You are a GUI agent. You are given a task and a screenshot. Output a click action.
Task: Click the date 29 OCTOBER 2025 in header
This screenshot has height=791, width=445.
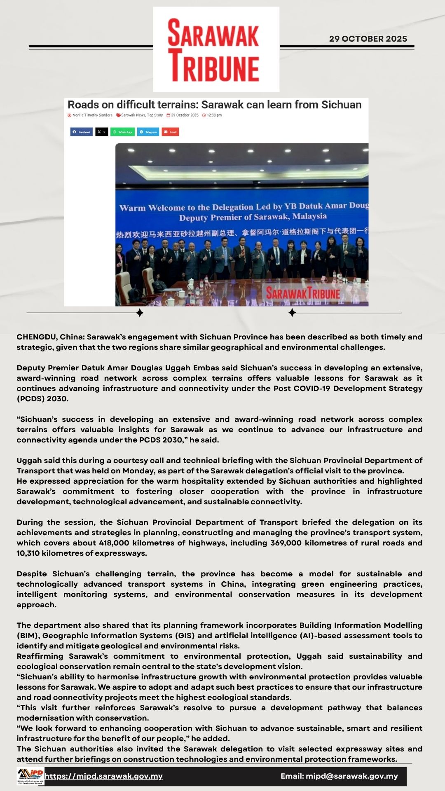tap(368, 39)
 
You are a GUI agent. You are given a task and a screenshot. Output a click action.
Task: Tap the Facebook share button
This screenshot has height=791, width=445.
tap(81, 132)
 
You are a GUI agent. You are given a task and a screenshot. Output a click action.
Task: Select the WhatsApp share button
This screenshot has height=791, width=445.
tap(122, 132)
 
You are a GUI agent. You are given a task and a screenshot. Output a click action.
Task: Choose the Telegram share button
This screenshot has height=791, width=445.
tap(148, 132)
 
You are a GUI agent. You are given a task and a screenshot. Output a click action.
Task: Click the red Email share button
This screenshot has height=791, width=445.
tap(170, 132)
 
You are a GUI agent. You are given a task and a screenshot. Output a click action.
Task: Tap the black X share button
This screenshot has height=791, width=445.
tap(101, 132)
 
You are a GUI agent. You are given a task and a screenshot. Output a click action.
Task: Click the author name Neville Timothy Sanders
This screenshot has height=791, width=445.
tap(92, 115)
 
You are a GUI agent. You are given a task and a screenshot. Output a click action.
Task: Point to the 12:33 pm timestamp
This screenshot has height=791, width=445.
tap(214, 115)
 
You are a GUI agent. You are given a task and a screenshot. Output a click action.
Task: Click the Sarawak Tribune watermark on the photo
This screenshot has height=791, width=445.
tap(303, 294)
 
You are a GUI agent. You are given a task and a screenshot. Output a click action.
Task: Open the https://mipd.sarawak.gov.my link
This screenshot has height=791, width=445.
tap(104, 776)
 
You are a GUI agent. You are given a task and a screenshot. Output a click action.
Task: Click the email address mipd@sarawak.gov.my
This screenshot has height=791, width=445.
tap(351, 776)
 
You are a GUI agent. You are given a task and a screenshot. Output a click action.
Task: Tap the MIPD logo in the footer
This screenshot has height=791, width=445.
tap(30, 776)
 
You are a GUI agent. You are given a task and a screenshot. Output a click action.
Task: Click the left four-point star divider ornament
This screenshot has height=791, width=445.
tap(140, 313)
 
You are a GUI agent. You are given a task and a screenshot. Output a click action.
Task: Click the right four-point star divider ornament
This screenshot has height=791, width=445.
tap(292, 313)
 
